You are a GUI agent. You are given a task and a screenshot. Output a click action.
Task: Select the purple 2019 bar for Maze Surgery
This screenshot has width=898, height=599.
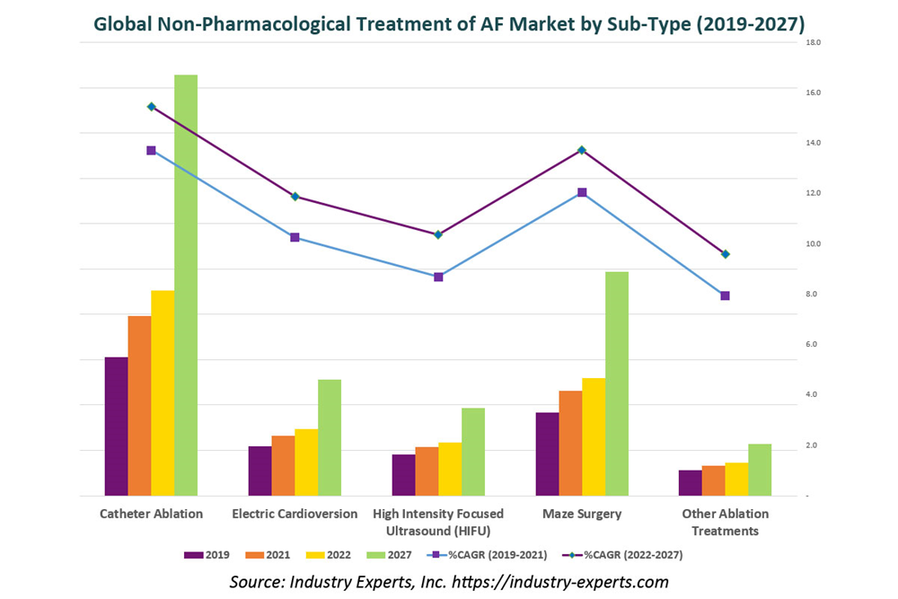click(x=547, y=454)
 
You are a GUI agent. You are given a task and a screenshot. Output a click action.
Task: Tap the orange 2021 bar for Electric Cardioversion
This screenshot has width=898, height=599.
click(x=283, y=465)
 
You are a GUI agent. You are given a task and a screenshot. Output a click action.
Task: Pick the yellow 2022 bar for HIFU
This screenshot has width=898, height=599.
click(x=450, y=469)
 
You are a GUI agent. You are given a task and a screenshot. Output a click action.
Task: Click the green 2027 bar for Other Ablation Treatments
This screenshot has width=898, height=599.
click(x=760, y=470)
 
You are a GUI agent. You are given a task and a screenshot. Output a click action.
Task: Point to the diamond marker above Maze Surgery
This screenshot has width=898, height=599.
click(x=582, y=150)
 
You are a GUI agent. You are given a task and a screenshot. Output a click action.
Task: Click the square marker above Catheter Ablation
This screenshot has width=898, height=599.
click(x=152, y=151)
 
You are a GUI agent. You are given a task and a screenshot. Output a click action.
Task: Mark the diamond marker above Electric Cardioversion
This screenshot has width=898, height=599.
click(x=295, y=197)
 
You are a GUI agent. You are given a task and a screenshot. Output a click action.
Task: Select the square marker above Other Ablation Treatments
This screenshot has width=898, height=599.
click(x=725, y=295)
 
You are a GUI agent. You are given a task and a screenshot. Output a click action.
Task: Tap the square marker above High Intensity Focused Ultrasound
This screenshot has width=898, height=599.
click(x=438, y=277)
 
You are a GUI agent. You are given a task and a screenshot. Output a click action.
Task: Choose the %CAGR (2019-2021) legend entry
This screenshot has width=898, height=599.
click(x=490, y=555)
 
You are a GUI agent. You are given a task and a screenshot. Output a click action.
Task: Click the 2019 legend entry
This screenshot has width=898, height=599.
click(x=207, y=555)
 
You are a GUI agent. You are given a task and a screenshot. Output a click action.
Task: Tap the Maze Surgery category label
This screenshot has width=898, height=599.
click(x=582, y=514)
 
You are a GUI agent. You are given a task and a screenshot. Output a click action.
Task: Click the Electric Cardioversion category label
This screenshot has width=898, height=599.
click(x=295, y=514)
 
